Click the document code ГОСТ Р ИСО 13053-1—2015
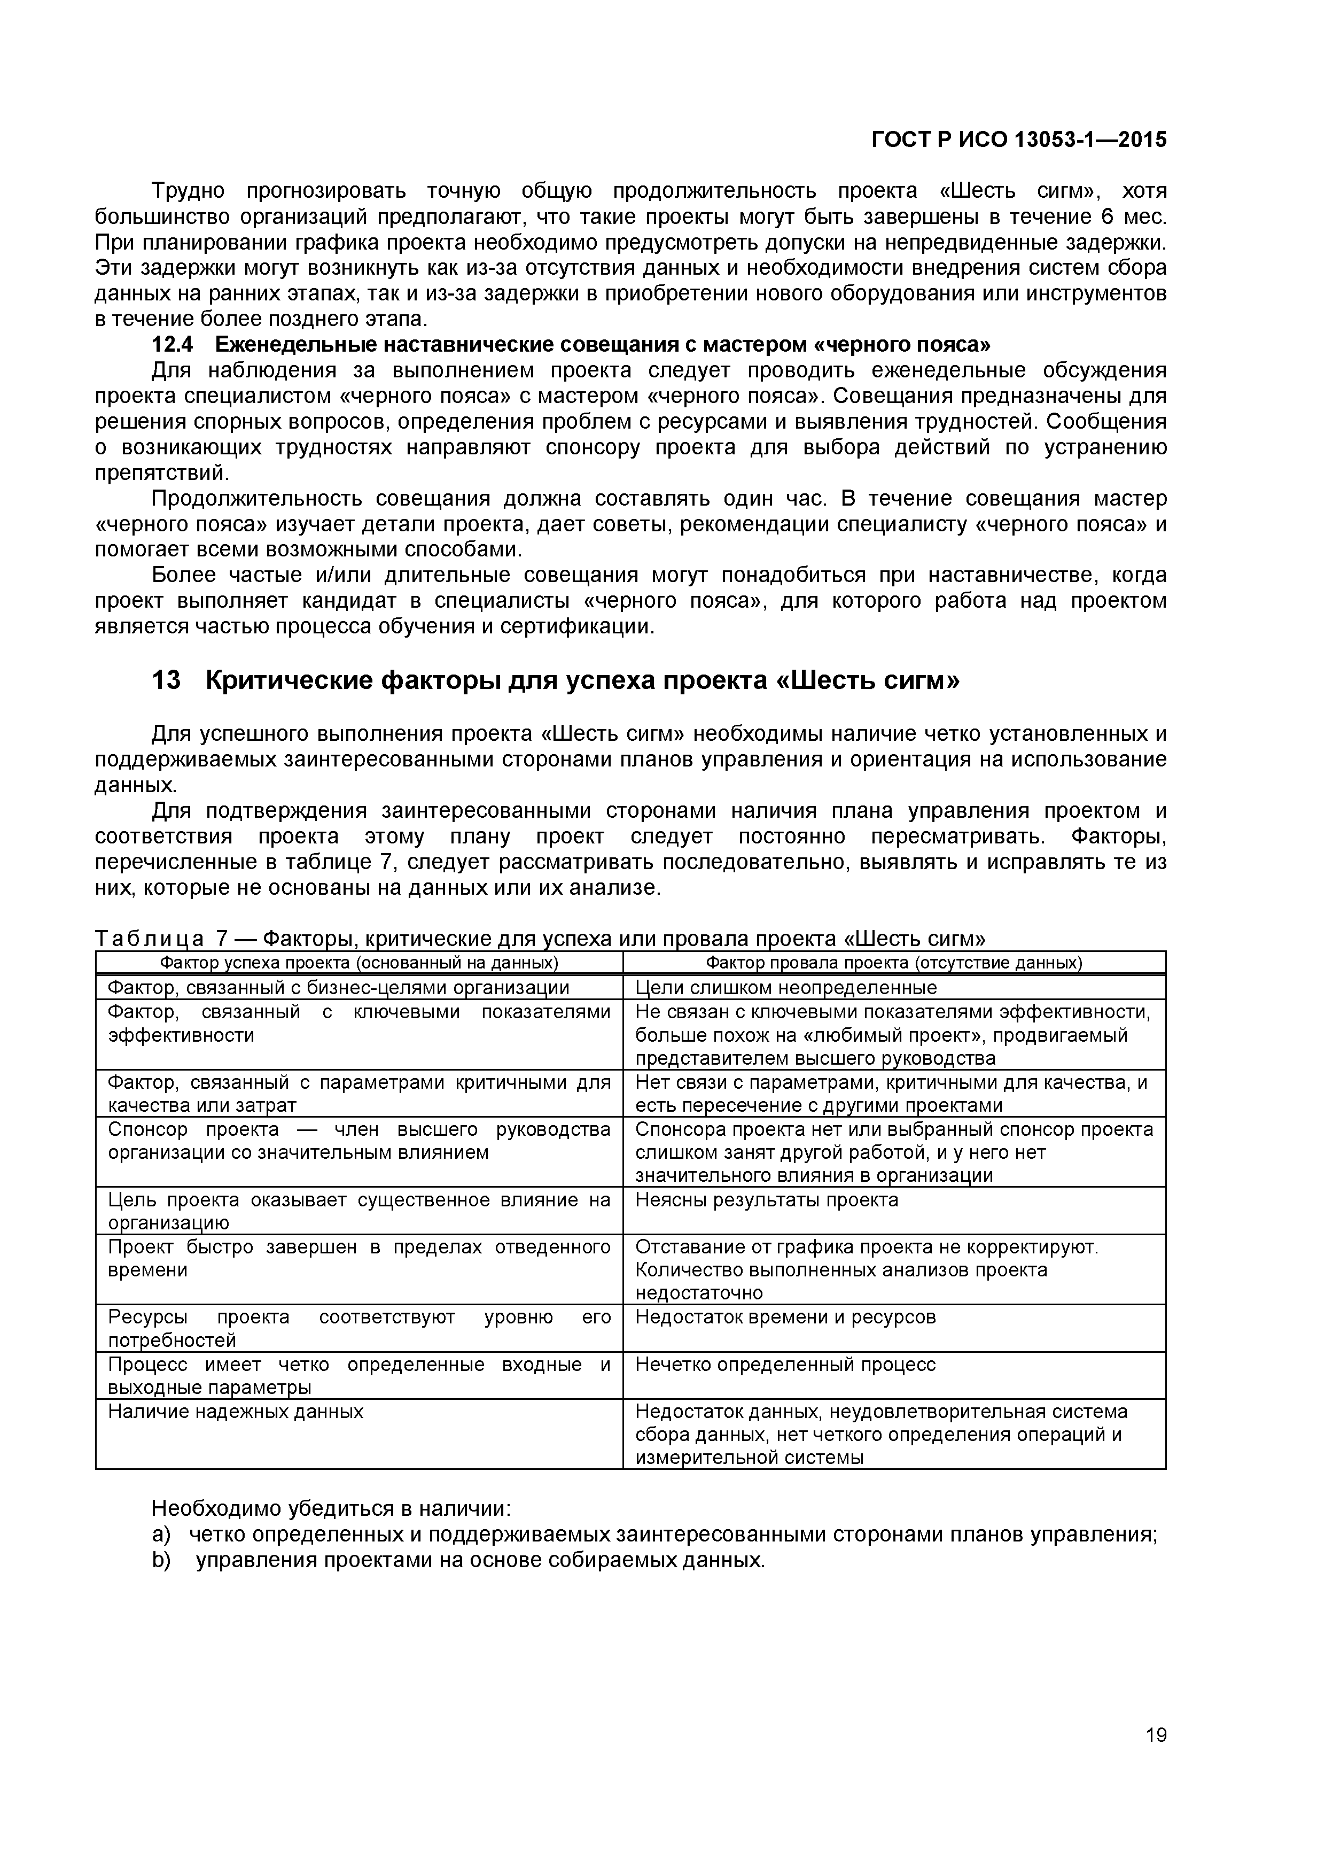(x=1019, y=140)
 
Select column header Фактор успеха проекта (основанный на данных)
(x=358, y=963)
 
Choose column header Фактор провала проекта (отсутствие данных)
(x=893, y=963)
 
